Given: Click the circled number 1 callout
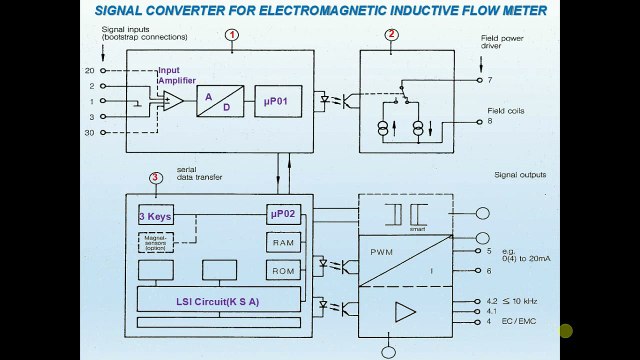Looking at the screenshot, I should (x=232, y=35).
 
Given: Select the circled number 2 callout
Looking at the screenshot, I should (x=392, y=35).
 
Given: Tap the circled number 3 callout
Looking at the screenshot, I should (x=155, y=178).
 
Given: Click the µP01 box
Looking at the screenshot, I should (x=277, y=101).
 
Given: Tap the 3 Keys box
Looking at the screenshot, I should (x=155, y=216).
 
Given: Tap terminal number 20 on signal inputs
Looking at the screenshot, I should (x=90, y=71).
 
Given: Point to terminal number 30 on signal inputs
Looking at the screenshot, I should (x=90, y=132).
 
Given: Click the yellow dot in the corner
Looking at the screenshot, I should (x=566, y=331).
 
